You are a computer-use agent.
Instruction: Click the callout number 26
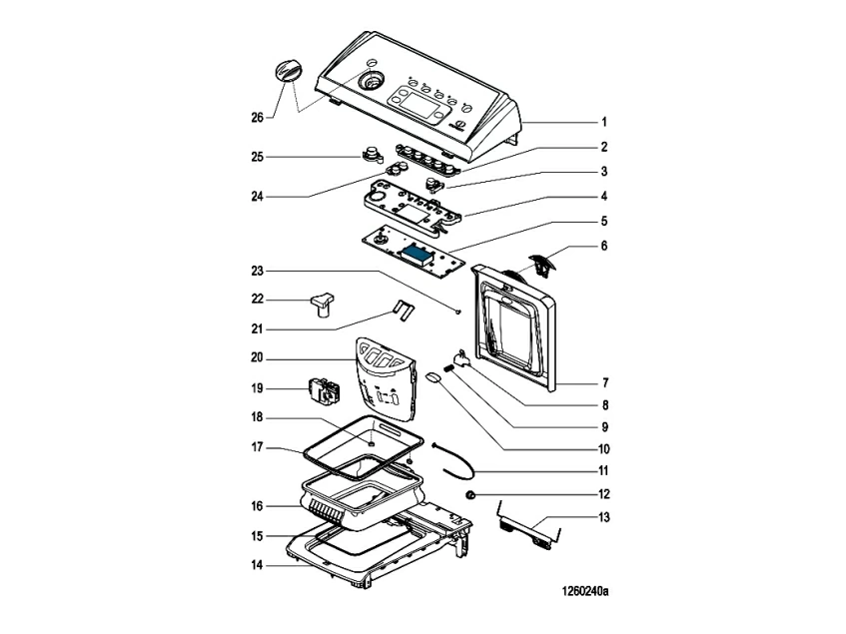(257, 118)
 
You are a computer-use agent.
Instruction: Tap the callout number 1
(603, 122)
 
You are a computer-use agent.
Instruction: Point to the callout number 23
(257, 271)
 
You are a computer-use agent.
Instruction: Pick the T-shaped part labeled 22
(323, 302)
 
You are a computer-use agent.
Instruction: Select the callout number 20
(257, 357)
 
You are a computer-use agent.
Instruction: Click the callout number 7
(603, 382)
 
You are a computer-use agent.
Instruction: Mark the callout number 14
(257, 565)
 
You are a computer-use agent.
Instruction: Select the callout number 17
(257, 448)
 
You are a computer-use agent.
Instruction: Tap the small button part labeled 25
(372, 154)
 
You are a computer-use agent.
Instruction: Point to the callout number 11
(603, 470)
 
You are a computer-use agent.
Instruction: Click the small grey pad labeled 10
(433, 377)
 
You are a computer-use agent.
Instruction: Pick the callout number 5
(603, 221)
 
